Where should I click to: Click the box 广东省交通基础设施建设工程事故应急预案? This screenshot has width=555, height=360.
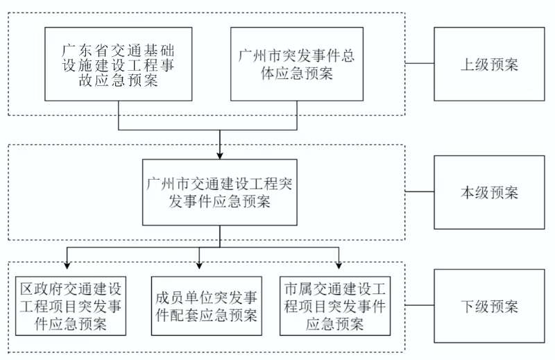click(118, 64)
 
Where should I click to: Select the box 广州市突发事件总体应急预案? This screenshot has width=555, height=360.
click(296, 64)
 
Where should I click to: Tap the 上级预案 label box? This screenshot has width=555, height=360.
click(489, 65)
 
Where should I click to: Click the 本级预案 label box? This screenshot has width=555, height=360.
click(489, 191)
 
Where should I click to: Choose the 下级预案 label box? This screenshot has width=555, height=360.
click(489, 306)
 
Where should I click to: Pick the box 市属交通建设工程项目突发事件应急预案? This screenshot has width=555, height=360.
click(335, 306)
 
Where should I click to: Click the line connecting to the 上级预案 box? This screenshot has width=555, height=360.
click(419, 65)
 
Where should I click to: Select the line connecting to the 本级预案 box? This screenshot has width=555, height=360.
click(419, 191)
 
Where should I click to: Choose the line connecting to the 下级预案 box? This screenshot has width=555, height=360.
click(419, 306)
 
